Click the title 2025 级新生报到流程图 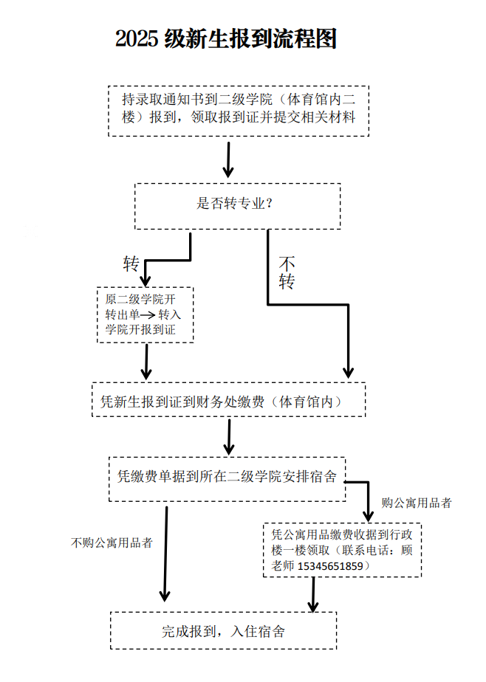pyautogui.click(x=225, y=39)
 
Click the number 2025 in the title pyautogui.click(x=137, y=40)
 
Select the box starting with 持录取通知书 pyautogui.click(x=243, y=108)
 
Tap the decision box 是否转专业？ pyautogui.click(x=237, y=204)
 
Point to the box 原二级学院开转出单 pyautogui.click(x=145, y=314)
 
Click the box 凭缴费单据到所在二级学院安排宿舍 pyautogui.click(x=227, y=476)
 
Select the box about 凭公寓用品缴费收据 pyautogui.click(x=342, y=550)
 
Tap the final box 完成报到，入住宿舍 pyautogui.click(x=224, y=631)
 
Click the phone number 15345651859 pyautogui.click(x=330, y=566)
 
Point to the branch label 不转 pyautogui.click(x=287, y=272)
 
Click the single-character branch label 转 pyautogui.click(x=131, y=263)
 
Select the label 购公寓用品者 pyautogui.click(x=416, y=503)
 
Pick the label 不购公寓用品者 pyautogui.click(x=112, y=542)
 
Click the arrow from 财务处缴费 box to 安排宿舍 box pyautogui.click(x=229, y=437)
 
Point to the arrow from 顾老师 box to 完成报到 pyautogui.click(x=313, y=596)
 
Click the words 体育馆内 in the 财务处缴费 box pyautogui.click(x=304, y=402)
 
